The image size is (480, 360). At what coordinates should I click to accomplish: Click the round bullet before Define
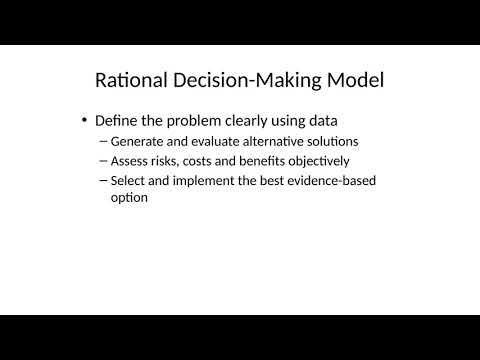84,120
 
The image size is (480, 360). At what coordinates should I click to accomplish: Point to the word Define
117,120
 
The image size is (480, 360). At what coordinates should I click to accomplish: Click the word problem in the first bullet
199,120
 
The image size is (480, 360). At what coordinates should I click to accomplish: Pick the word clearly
249,120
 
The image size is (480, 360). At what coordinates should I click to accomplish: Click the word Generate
138,141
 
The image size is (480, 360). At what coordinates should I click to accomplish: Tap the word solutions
328,141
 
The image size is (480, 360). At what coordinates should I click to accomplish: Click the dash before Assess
104,160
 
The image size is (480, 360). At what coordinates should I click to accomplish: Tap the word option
130,198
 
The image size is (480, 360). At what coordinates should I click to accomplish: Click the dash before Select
104,180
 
